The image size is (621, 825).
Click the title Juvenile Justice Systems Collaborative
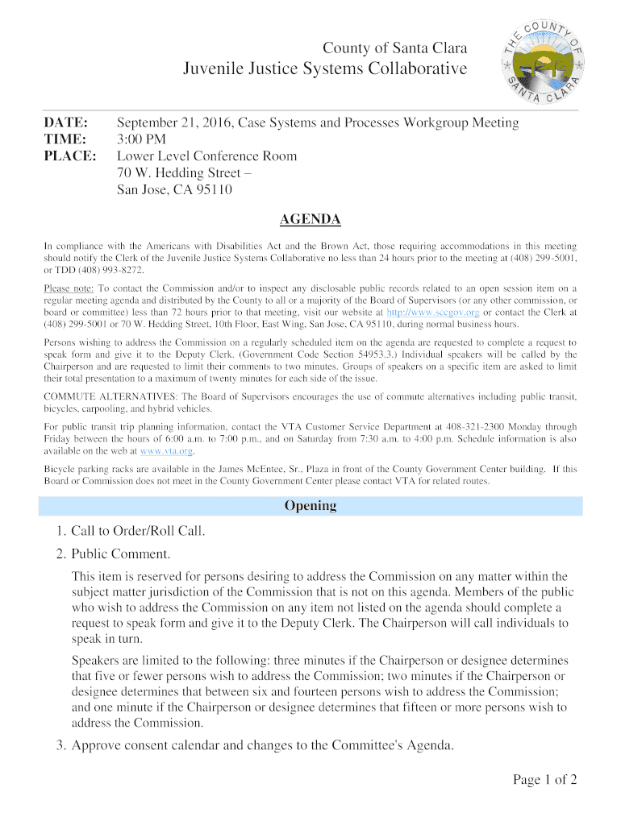click(x=325, y=69)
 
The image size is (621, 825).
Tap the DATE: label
click(x=65, y=123)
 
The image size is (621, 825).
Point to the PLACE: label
click(x=69, y=156)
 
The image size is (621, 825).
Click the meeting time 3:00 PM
click(x=143, y=139)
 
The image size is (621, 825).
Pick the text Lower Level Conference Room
click(x=206, y=156)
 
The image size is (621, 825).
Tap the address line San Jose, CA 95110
click(x=174, y=190)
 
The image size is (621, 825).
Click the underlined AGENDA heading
click(x=310, y=219)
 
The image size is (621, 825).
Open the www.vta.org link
click(x=168, y=450)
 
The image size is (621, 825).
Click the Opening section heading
click(x=310, y=506)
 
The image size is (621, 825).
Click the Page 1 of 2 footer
click(x=544, y=779)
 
